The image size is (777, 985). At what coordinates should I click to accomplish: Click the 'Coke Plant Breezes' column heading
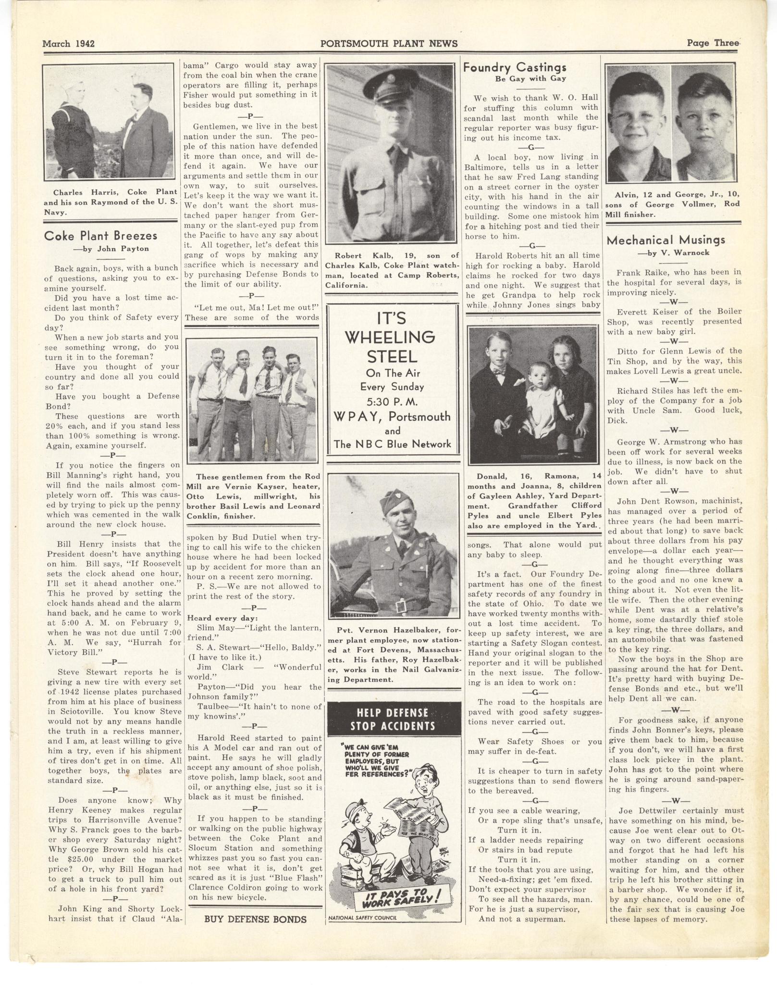[x=100, y=236]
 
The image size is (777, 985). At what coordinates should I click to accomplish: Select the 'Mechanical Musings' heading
[x=666, y=240]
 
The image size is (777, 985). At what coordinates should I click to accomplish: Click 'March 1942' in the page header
[x=68, y=44]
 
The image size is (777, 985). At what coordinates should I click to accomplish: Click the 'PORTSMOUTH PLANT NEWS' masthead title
[x=389, y=44]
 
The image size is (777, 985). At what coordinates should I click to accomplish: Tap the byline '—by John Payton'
[x=111, y=249]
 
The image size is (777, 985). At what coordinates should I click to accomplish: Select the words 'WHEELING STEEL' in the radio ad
[x=392, y=346]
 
